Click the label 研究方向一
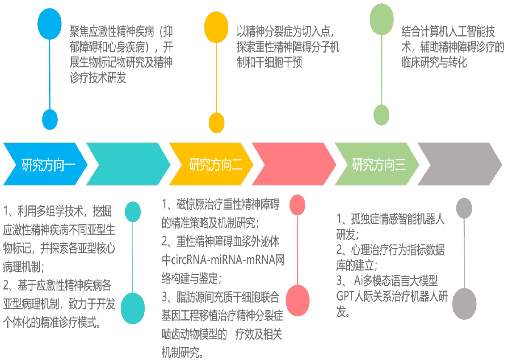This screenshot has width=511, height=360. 48,164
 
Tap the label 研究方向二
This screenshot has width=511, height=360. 216,164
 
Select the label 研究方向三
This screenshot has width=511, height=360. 379,164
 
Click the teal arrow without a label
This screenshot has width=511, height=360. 127,164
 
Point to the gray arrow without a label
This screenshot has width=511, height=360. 458,164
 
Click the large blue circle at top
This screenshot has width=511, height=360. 50,24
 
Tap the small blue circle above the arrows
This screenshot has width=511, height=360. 50,119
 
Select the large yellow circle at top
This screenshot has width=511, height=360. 216,26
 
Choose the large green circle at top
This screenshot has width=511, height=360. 382,19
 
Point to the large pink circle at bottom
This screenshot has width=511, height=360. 298,301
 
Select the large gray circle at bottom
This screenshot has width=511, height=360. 464,304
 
